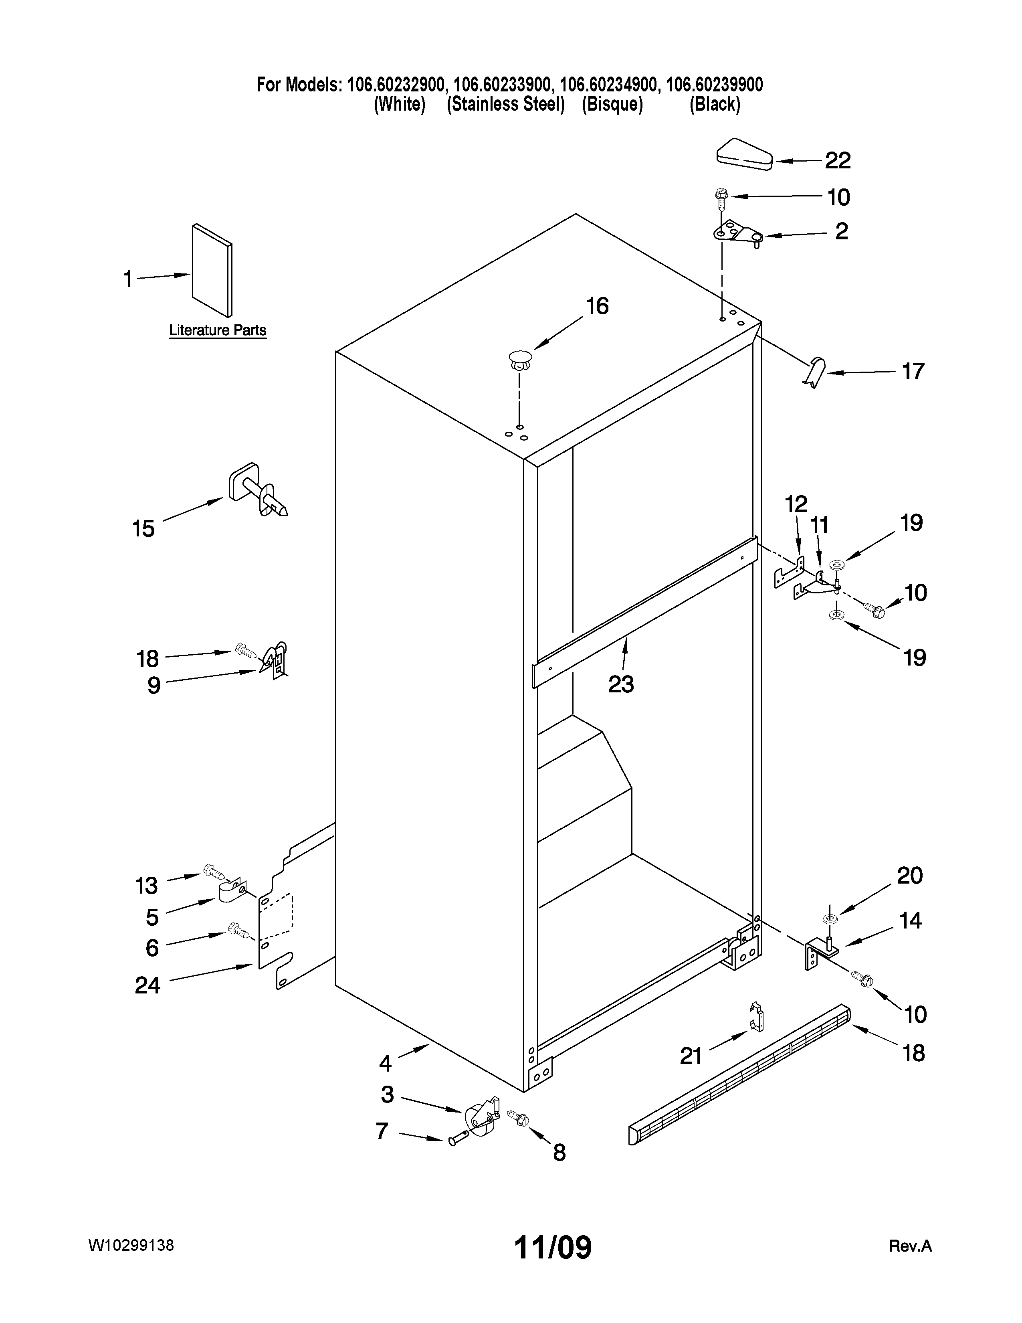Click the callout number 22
tap(838, 160)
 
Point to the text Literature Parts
tap(217, 331)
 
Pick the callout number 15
tap(143, 529)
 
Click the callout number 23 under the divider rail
tap(620, 684)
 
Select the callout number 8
tap(559, 1153)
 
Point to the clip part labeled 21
tap(756, 1016)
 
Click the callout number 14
tap(910, 921)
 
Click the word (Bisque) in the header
tap(612, 105)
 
